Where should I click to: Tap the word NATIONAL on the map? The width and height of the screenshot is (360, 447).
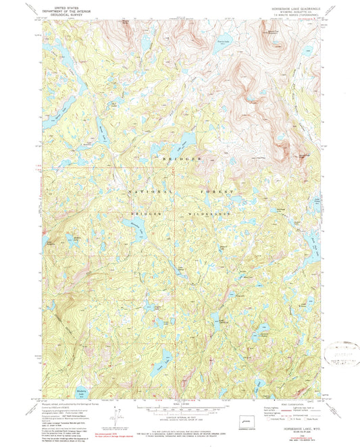tap(143, 192)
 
